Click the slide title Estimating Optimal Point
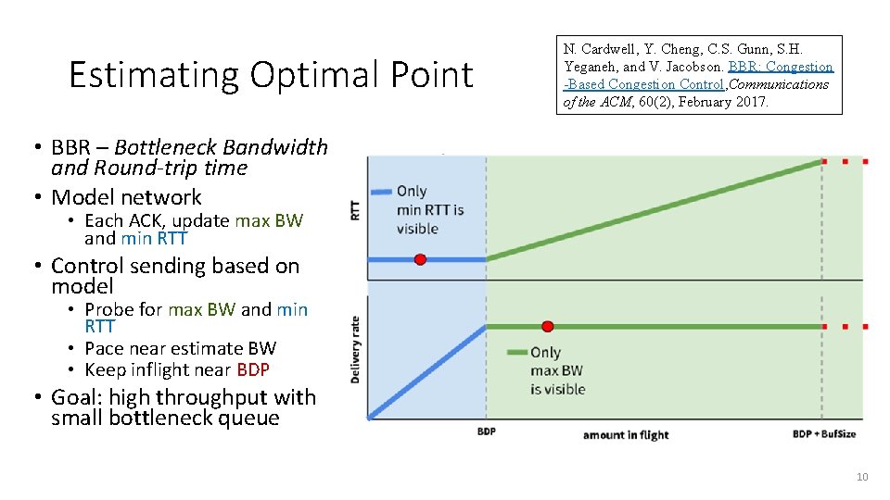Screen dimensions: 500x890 [271, 75]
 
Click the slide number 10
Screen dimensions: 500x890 [861, 477]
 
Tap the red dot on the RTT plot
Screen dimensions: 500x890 [420, 259]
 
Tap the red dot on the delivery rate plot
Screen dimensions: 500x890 [547, 326]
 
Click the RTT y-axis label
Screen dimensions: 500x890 [355, 210]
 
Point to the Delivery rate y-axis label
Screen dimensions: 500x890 [355, 350]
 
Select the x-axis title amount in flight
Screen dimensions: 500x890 [626, 434]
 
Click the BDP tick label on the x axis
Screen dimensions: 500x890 [486, 432]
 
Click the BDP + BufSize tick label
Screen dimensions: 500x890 [824, 433]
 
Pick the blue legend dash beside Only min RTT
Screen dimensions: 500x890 [382, 192]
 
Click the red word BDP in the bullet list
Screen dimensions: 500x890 [253, 369]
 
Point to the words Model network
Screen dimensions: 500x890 [126, 197]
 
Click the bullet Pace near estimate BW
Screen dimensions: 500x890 [180, 348]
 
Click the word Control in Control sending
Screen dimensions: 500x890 [87, 266]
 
